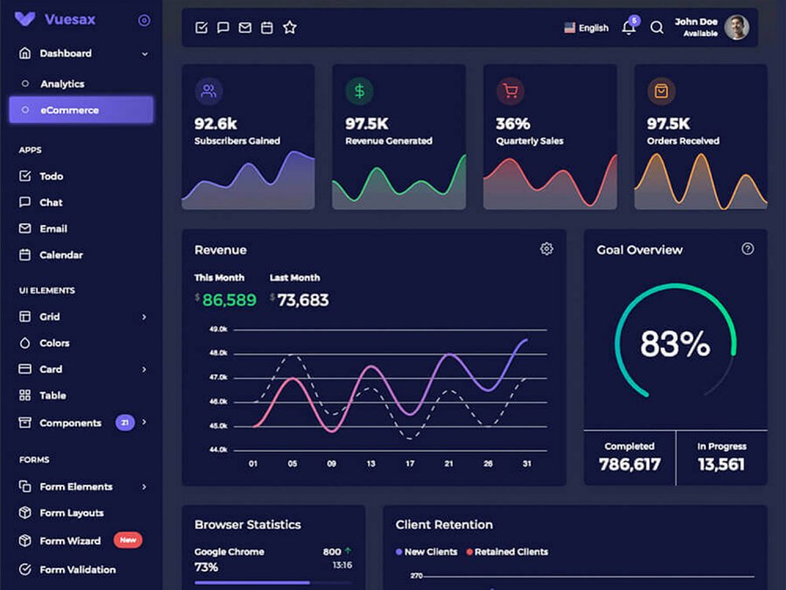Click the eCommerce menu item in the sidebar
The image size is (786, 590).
[x=81, y=110]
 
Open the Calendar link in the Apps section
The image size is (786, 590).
[x=61, y=255]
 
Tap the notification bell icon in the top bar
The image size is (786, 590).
[x=628, y=28]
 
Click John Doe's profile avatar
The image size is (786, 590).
[x=736, y=28]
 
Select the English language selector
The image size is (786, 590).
[x=586, y=28]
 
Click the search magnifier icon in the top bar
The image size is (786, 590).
[x=657, y=28]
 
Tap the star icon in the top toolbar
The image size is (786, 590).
[x=289, y=28]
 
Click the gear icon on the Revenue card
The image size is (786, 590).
[x=546, y=249]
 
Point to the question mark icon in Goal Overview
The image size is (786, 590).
[x=747, y=249]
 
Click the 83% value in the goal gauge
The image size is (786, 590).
[x=675, y=344]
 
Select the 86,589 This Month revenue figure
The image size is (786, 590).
[x=229, y=300]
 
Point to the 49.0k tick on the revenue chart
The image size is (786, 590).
[x=218, y=329]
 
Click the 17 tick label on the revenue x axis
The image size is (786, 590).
[x=410, y=464]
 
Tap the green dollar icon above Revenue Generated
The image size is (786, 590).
[x=359, y=91]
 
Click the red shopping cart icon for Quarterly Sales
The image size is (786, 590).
[x=510, y=91]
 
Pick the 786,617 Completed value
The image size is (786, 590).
[x=630, y=464]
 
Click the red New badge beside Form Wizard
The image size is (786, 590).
[x=127, y=540]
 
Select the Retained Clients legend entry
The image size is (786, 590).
[x=507, y=552]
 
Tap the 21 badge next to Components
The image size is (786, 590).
[x=125, y=422]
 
